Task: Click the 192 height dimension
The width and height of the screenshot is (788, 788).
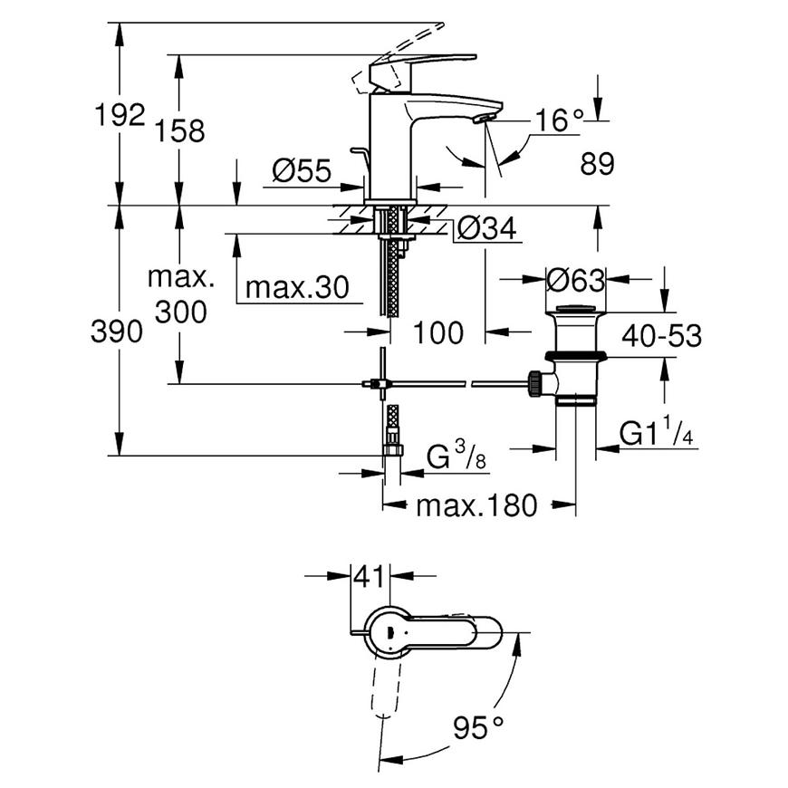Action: [120, 115]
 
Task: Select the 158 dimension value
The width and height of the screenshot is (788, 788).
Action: [179, 130]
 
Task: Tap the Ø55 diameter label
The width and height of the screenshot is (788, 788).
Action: [302, 170]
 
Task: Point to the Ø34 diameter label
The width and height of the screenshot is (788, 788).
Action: [486, 228]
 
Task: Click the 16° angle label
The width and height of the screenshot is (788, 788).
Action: [559, 120]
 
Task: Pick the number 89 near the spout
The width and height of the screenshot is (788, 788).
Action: [597, 164]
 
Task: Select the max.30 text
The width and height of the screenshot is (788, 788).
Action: [297, 288]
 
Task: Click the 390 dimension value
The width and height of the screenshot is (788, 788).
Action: [117, 332]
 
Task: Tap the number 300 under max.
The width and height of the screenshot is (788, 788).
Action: [180, 312]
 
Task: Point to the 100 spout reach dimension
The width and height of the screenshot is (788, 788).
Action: [437, 332]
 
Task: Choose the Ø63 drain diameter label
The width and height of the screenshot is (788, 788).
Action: [575, 280]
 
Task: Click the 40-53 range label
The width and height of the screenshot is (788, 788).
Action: [661, 335]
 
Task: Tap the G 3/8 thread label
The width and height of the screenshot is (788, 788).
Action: [456, 456]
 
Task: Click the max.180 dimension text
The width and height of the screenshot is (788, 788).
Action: [476, 505]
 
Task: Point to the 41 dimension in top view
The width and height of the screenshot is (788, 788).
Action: [370, 576]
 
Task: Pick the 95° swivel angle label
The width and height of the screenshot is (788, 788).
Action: [478, 727]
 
